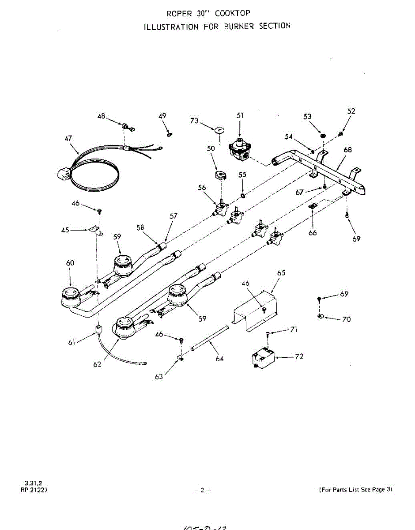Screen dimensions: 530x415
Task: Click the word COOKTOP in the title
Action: [x=233, y=13]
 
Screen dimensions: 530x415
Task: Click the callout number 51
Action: [x=240, y=115]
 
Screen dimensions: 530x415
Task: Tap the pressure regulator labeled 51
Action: [x=240, y=151]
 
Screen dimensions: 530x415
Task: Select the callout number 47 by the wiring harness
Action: [x=68, y=138]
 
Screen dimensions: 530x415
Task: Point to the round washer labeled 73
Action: [x=218, y=130]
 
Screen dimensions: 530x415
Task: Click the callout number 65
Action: [x=281, y=273]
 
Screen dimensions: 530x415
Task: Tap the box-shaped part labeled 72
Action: [x=262, y=358]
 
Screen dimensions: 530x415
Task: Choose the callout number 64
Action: [x=219, y=358]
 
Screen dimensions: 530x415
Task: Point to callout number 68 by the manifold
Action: [x=347, y=150]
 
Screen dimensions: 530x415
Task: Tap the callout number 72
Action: [x=299, y=356]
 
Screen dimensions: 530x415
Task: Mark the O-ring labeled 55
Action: [x=243, y=195]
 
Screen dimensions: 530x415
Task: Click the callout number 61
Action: [x=71, y=342]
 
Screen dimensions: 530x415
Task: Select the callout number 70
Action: [x=347, y=319]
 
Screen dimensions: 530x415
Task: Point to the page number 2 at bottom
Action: [x=203, y=490]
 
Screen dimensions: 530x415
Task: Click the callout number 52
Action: [x=351, y=111]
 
